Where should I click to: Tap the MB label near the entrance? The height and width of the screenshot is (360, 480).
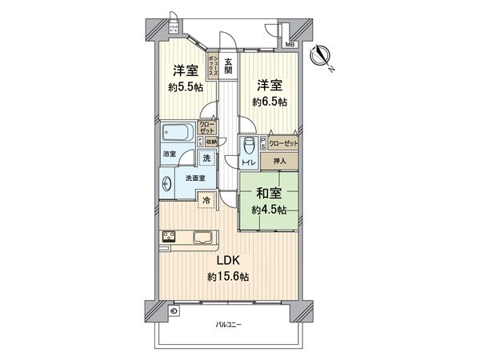click(289, 45)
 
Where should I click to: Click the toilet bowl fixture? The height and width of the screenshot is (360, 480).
click(250, 146)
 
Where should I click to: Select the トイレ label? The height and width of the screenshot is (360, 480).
click(249, 162)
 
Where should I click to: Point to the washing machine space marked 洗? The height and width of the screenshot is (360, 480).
click(207, 158)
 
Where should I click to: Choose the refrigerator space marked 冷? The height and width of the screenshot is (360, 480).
click(207, 201)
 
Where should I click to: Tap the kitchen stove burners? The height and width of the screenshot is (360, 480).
click(170, 236)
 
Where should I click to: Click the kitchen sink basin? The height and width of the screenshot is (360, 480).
click(202, 236)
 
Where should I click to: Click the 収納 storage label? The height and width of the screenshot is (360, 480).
click(210, 142)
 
